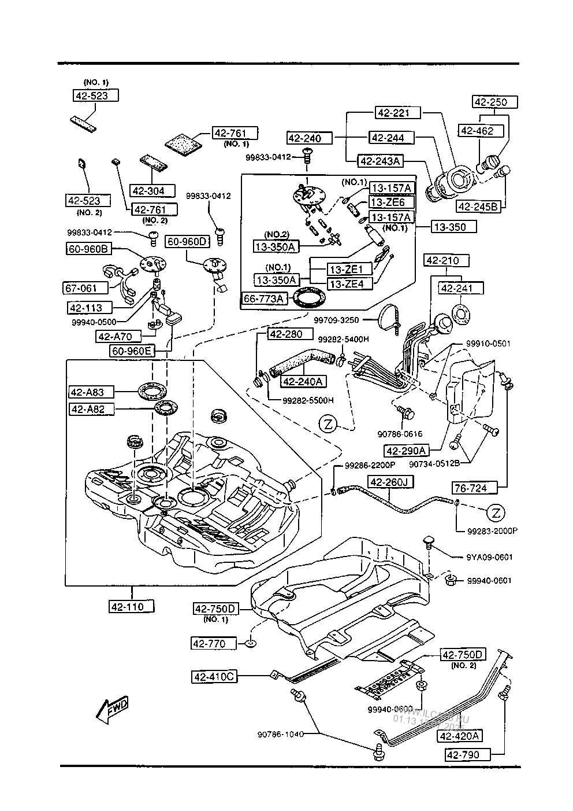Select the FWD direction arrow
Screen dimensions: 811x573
pos(112,711)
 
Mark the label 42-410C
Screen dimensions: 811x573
pos(214,676)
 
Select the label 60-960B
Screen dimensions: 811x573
pos(87,249)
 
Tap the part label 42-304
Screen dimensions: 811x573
pos(148,190)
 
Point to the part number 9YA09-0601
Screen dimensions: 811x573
pos(489,557)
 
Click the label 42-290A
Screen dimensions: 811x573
pos(407,451)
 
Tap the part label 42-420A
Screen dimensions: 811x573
pos(461,736)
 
